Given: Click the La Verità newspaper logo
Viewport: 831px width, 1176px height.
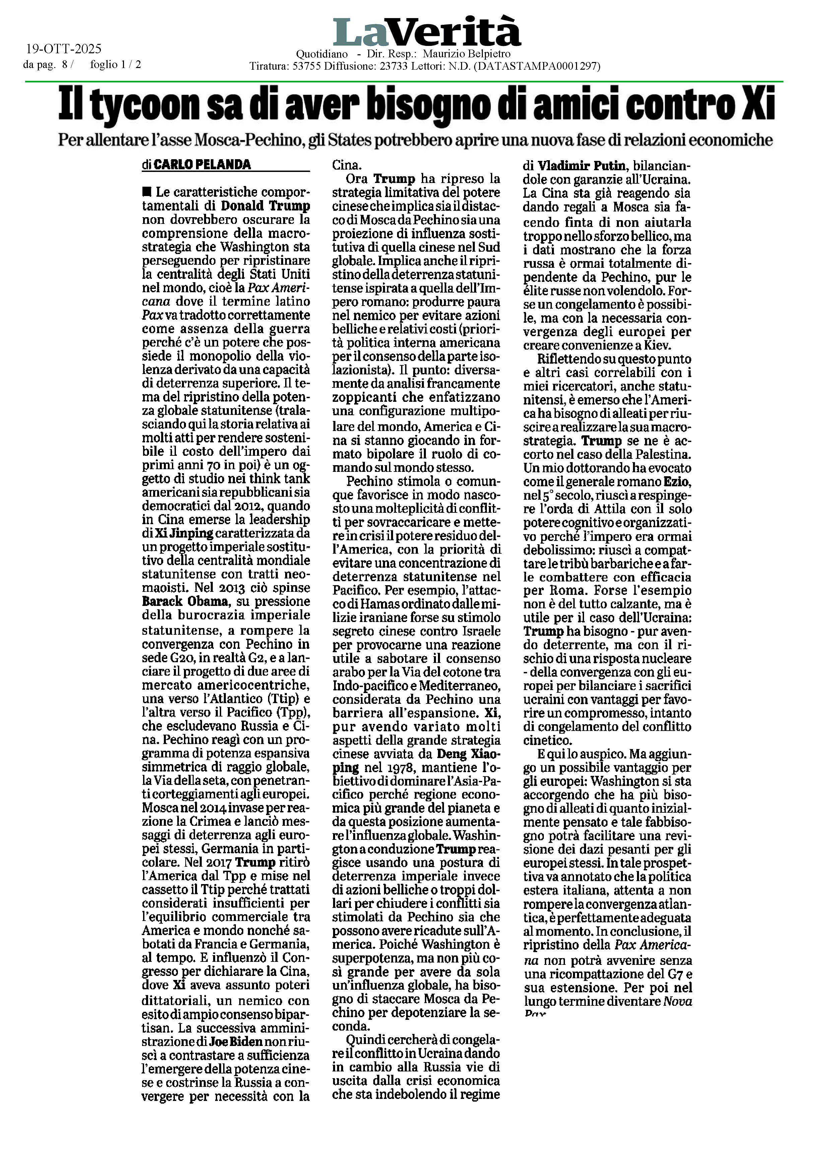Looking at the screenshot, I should click(x=427, y=32).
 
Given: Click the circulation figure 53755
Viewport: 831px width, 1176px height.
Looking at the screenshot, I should click(x=306, y=66).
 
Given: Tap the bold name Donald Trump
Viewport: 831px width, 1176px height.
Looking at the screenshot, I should click(x=265, y=206).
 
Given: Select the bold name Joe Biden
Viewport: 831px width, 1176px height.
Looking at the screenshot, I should click(x=236, y=1042).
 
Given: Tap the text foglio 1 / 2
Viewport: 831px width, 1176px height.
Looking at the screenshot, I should click(x=116, y=65).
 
